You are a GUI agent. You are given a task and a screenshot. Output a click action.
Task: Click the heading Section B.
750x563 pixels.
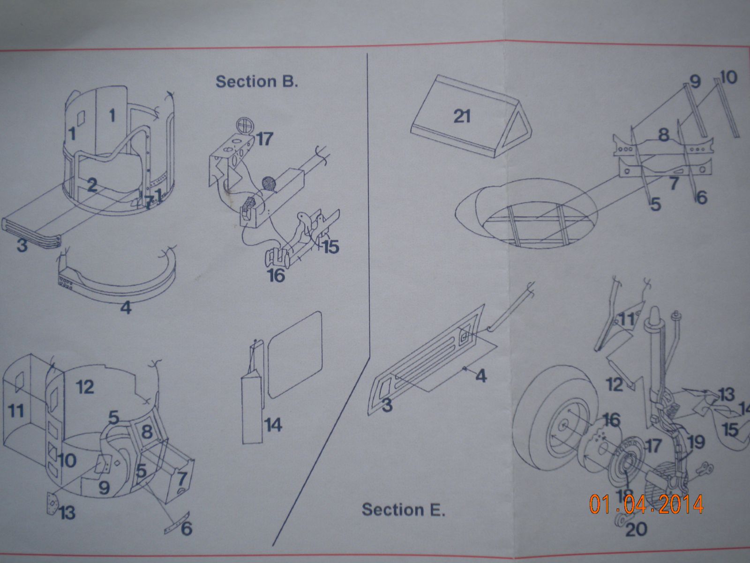click(x=256, y=81)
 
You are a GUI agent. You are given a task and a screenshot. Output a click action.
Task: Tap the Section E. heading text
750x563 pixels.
click(x=403, y=509)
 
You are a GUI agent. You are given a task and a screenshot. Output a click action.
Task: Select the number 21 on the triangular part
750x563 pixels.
click(x=462, y=115)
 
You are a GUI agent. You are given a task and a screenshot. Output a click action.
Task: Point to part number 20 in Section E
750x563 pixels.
click(x=636, y=529)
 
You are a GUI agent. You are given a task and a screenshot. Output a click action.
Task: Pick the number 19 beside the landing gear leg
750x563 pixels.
click(x=696, y=441)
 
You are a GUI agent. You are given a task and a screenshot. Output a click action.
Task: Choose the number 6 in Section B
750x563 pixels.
click(x=186, y=529)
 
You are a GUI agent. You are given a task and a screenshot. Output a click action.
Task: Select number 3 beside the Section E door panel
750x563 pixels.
click(x=387, y=405)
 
